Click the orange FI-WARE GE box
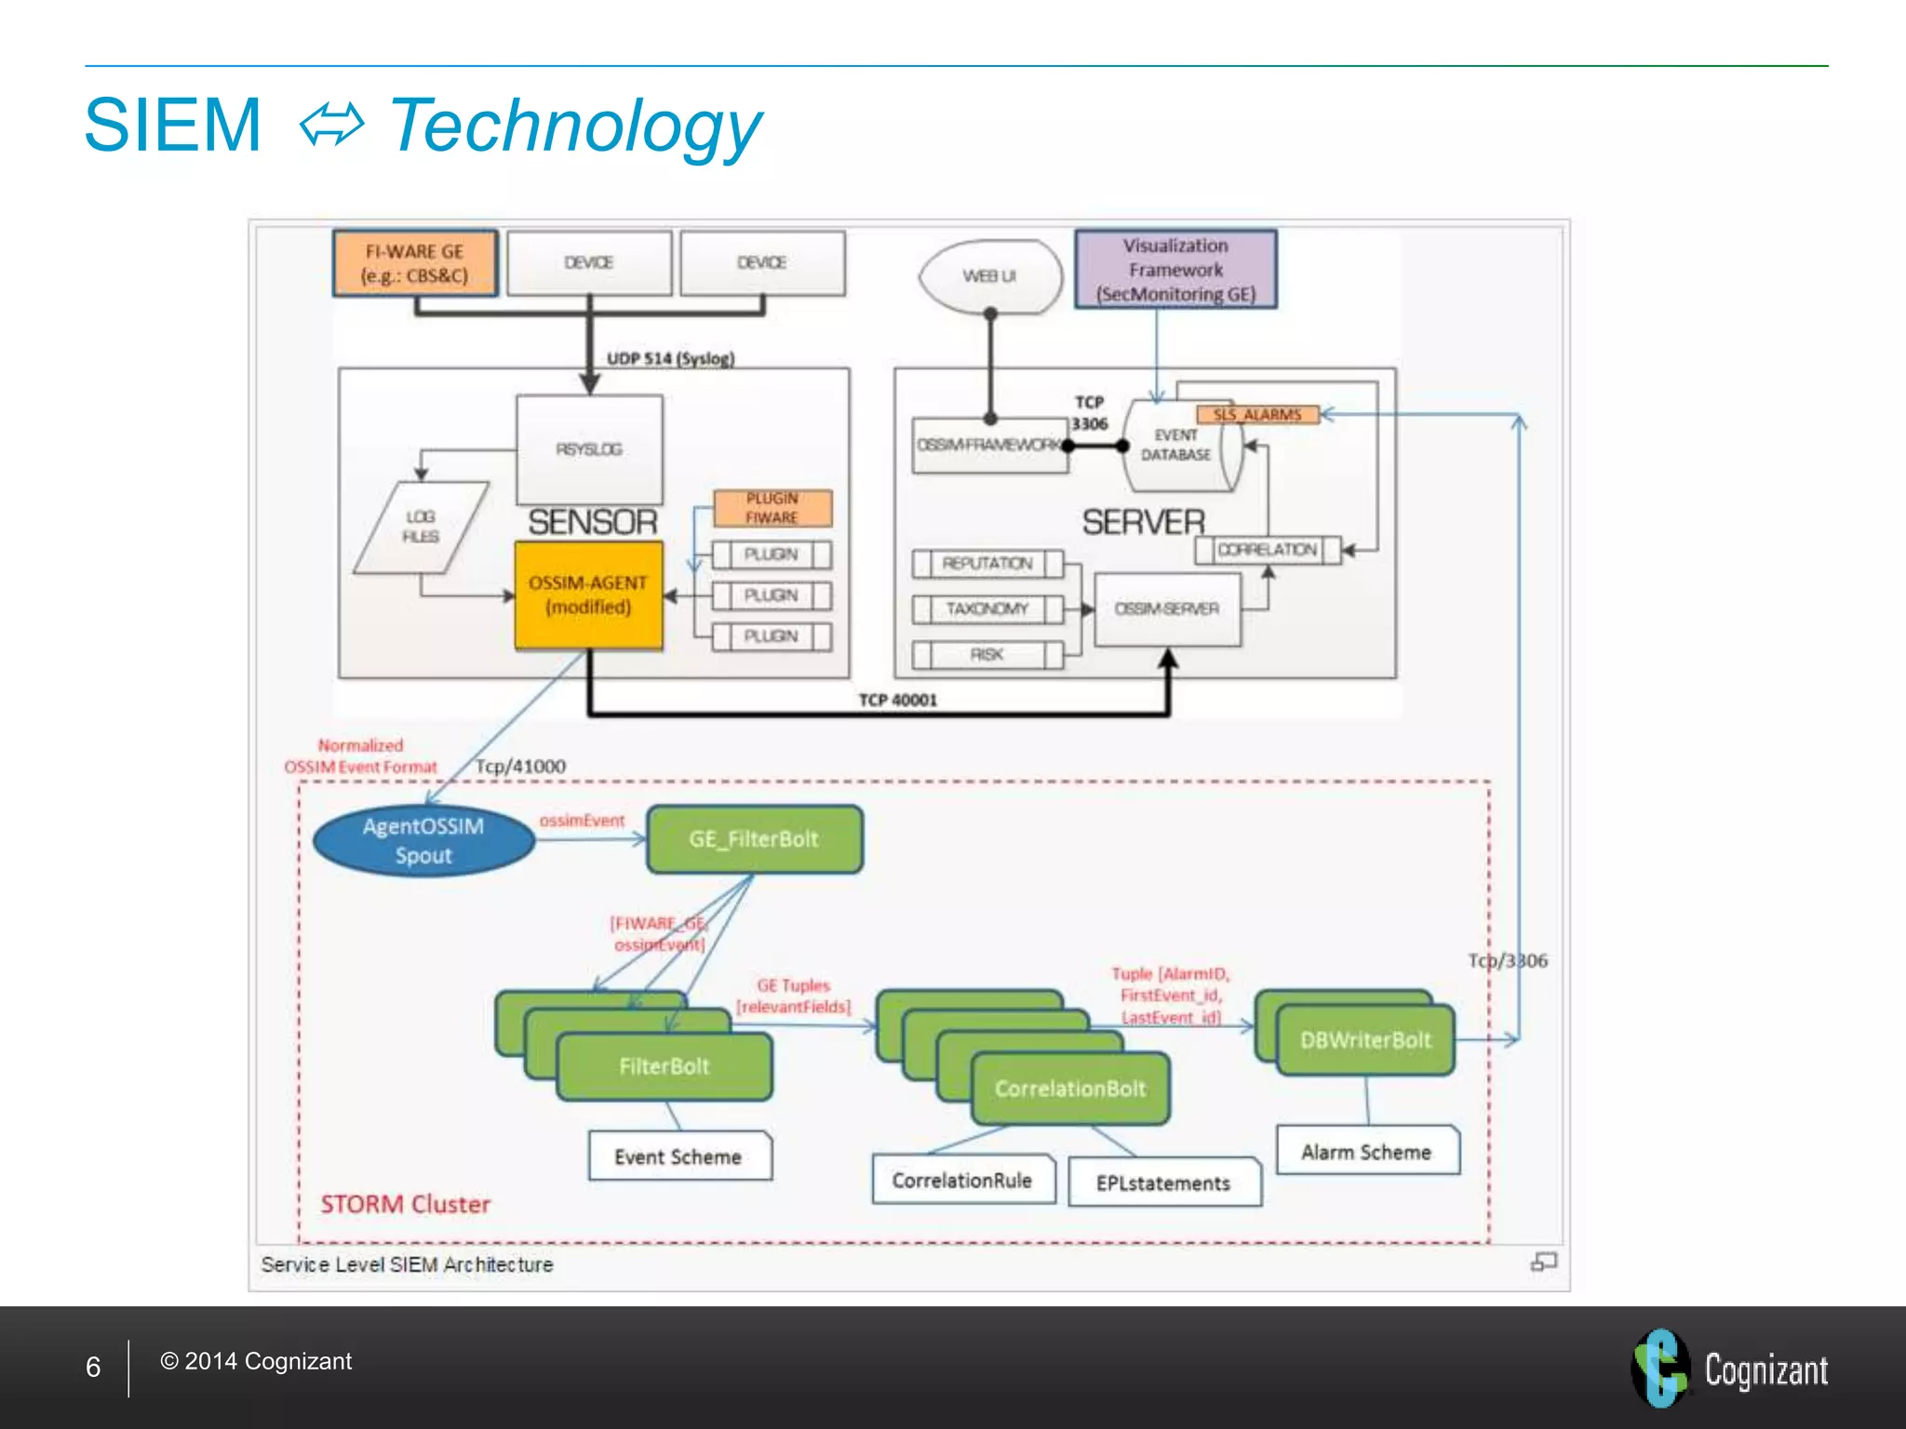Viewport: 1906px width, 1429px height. pyautogui.click(x=415, y=263)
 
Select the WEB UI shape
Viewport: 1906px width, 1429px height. pyautogui.click(x=989, y=276)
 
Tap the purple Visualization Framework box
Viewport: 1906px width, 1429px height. pyautogui.click(x=1175, y=270)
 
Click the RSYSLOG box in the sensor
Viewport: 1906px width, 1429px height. pyautogui.click(x=589, y=449)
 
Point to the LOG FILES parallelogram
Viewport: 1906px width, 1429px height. pyautogui.click(x=421, y=527)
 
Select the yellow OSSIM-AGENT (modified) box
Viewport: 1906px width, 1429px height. pyautogui.click(x=588, y=595)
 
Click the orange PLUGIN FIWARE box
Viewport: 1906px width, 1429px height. pyautogui.click(x=772, y=508)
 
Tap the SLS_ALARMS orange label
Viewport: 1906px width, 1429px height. pyautogui.click(x=1256, y=415)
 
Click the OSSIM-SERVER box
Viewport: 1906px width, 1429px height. pyautogui.click(x=1167, y=608)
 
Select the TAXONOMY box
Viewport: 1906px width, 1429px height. pyautogui.click(x=987, y=609)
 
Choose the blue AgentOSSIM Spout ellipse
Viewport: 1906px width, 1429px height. pyautogui.click(x=423, y=841)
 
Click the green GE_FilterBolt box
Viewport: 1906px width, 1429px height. pyautogui.click(x=754, y=839)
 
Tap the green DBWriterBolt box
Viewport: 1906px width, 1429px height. pyautogui.click(x=1365, y=1040)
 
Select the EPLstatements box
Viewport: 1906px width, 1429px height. pyautogui.click(x=1163, y=1183)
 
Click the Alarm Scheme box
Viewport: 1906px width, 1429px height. pyautogui.click(x=1366, y=1152)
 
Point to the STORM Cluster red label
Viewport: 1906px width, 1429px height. pyautogui.click(x=405, y=1204)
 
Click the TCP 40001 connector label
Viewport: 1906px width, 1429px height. pyautogui.click(x=897, y=700)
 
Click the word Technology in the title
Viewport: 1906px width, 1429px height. pyautogui.click(x=574, y=126)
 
